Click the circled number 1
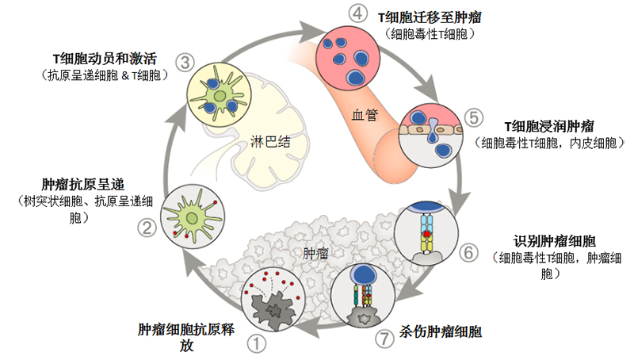pyautogui.click(x=258, y=343)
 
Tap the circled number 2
pyautogui.click(x=147, y=228)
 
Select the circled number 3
pyautogui.click(x=185, y=61)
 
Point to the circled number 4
pyautogui.click(x=335, y=13)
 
